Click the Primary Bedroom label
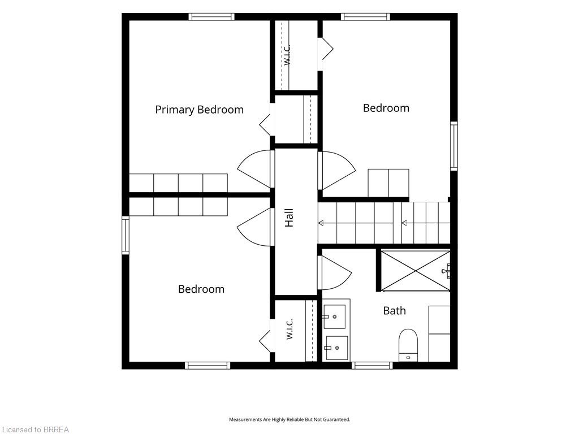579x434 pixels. pos(200,110)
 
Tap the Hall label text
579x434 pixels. pos(289,218)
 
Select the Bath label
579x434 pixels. pos(394,311)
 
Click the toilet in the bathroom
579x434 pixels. pos(408,345)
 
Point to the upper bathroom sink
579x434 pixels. pos(335,316)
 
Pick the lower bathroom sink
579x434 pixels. pos(336,348)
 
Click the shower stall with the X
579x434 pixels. pos(416,271)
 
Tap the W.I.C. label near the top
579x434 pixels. pos(288,55)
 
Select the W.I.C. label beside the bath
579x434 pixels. pos(289,329)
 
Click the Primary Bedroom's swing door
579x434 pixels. pos(255,169)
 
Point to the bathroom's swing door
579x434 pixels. pos(334,272)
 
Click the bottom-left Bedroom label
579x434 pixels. pos(201,289)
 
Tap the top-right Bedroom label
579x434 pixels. pos(386,108)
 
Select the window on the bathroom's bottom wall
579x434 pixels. pos(372,366)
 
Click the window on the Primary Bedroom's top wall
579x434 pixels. pos(211,16)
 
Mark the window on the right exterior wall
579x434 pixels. pos(454,146)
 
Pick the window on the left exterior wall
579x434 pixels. pos(126,235)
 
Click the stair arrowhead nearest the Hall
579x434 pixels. pos(321,223)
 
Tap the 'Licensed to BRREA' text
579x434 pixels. pos(35,429)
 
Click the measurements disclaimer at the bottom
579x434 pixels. pos(289,420)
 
